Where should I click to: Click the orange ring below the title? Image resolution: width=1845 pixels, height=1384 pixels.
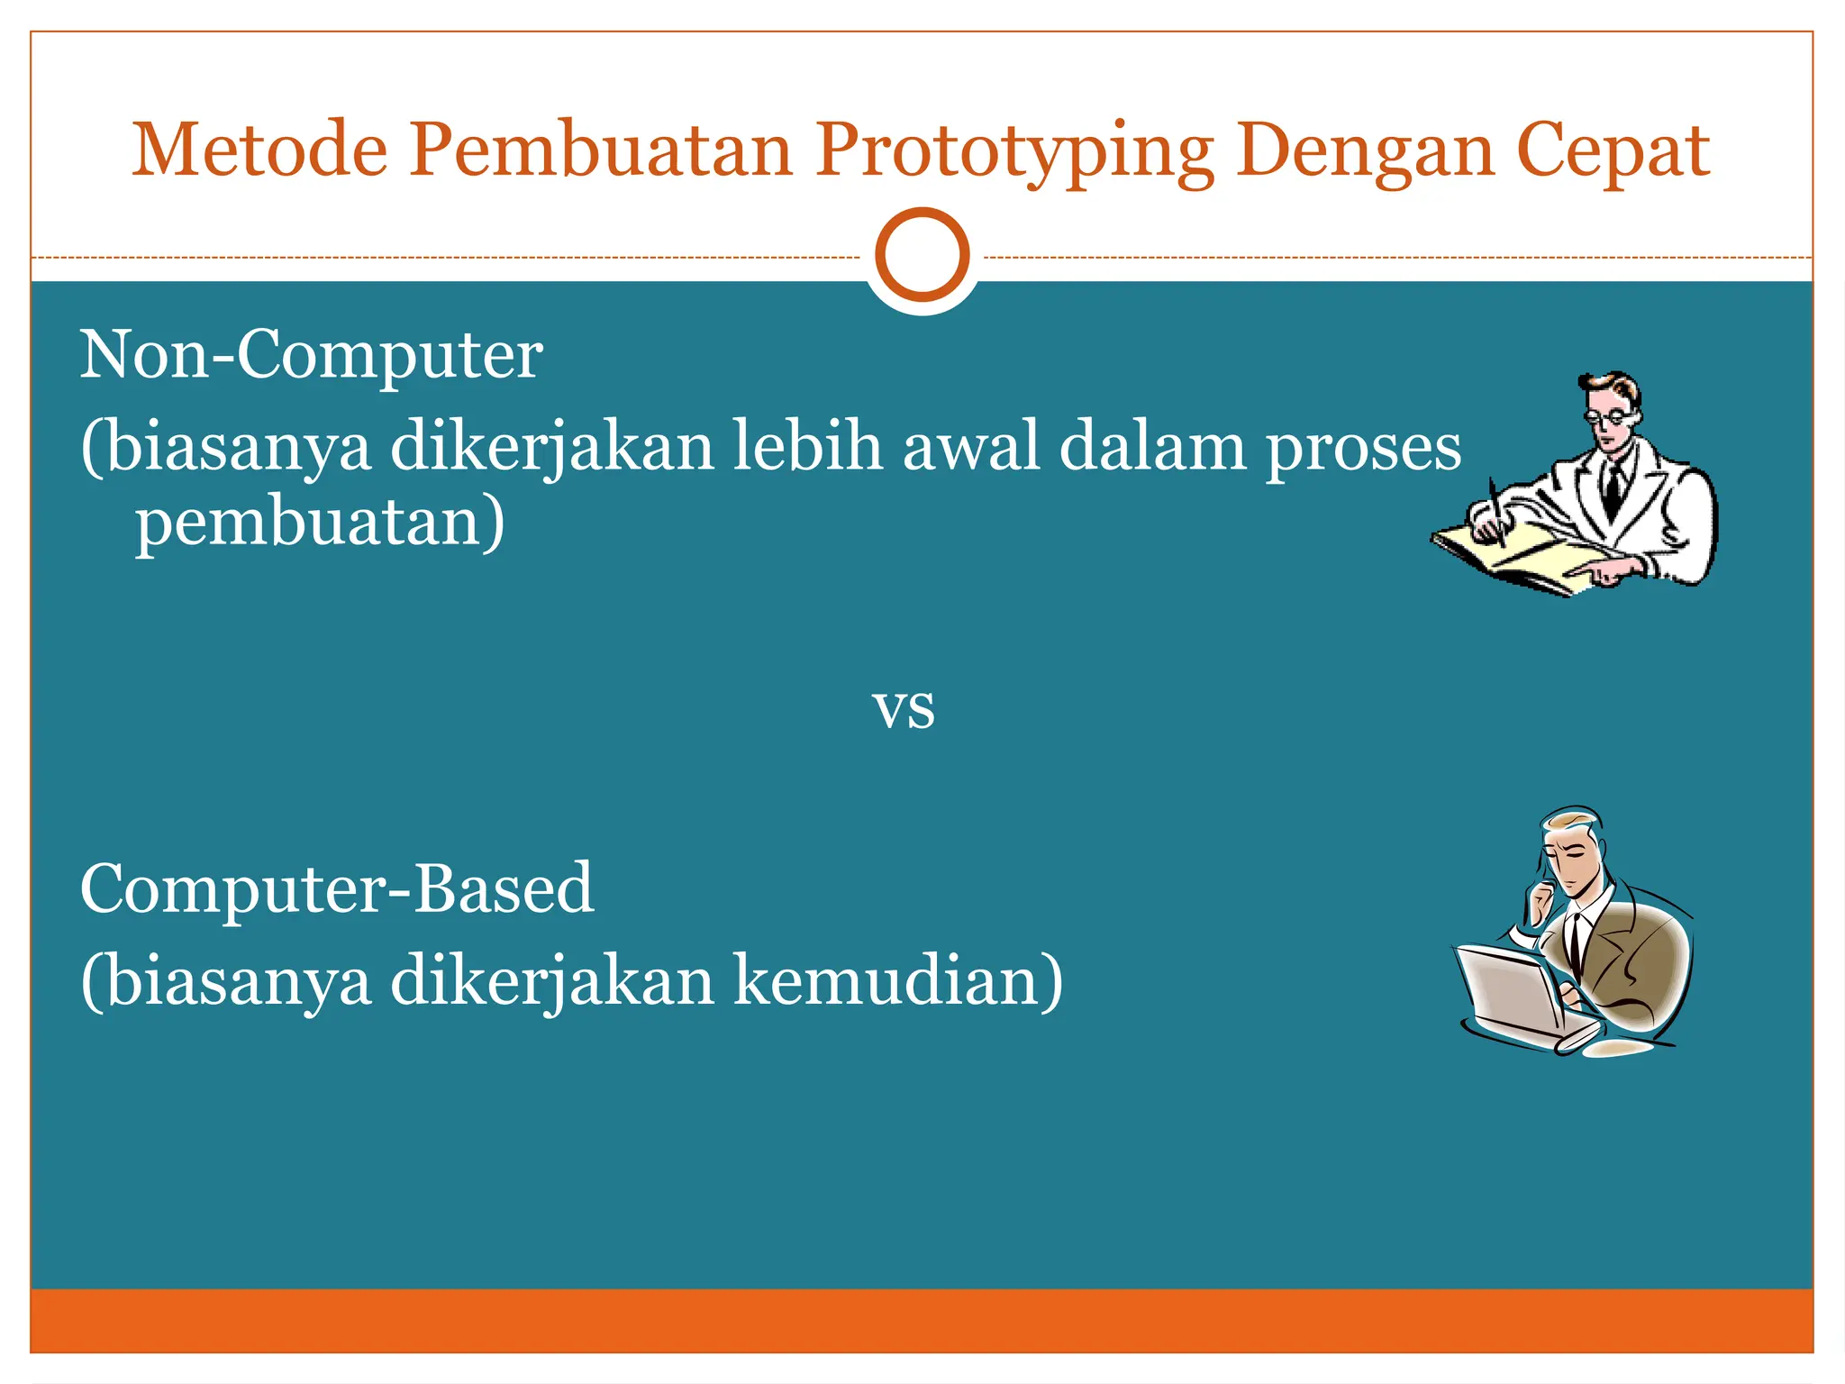(x=922, y=254)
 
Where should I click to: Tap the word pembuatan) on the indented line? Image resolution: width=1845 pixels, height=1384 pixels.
(x=320, y=523)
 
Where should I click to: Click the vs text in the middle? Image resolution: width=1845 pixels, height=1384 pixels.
(x=904, y=709)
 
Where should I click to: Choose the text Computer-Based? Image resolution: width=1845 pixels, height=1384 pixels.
(x=336, y=888)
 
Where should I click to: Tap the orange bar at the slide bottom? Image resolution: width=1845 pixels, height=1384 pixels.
(x=922, y=1320)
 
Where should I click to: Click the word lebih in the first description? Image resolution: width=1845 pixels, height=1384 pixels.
(x=805, y=447)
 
